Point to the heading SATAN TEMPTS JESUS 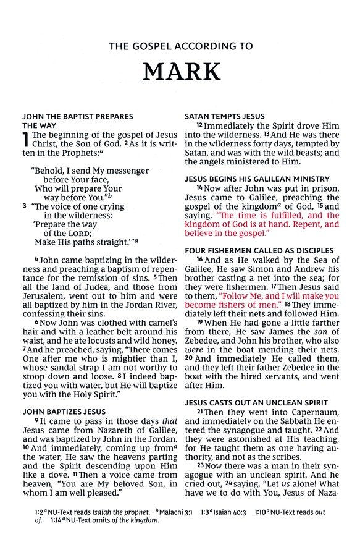pos(225,116)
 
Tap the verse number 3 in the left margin pos(25,206)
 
